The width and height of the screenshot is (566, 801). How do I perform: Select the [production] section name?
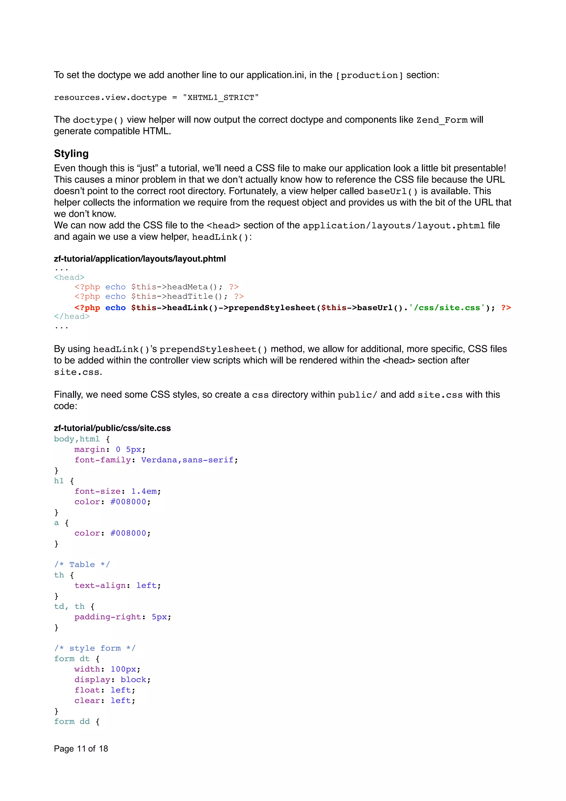coord(369,75)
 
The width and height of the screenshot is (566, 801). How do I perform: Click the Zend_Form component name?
coord(442,120)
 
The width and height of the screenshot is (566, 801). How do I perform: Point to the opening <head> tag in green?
coord(69,277)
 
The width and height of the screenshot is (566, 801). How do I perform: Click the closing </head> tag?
coord(72,316)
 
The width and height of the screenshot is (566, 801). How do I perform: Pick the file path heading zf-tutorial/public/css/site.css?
coord(112,428)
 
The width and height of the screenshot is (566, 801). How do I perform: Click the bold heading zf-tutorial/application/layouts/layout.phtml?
coord(140,259)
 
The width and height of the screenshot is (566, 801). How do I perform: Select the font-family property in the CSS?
coord(103,460)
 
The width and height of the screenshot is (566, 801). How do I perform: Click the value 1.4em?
coord(144,491)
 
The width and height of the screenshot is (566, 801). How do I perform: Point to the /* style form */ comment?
coord(95,648)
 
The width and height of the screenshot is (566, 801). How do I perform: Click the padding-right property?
coord(108,617)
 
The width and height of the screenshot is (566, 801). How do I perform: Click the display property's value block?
coord(133,680)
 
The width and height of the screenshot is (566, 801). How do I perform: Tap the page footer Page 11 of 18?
coord(81,749)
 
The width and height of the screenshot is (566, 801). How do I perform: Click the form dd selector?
coord(72,721)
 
